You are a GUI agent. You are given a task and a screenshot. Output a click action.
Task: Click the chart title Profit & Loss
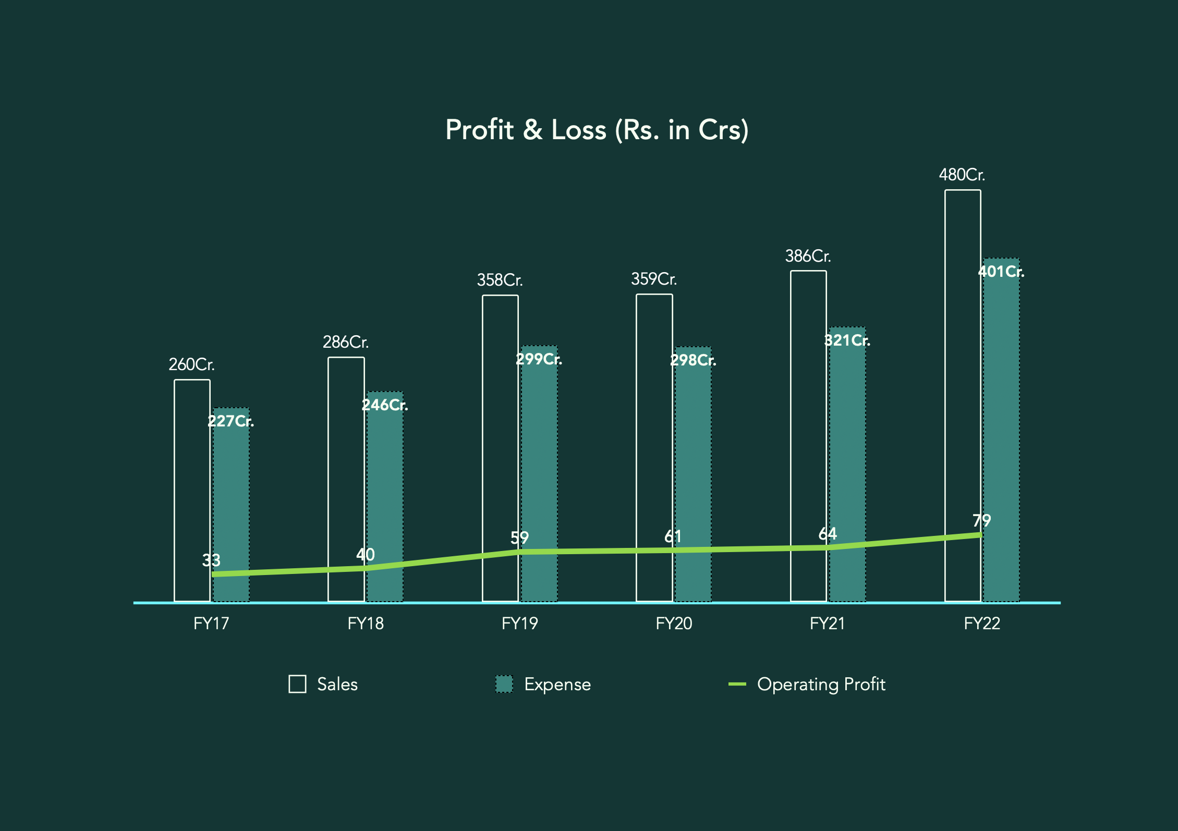pyautogui.click(x=597, y=130)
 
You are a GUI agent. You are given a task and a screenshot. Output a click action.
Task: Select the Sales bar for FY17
pyautogui.click(x=192, y=490)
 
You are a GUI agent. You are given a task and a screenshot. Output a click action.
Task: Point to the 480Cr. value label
pyautogui.click(x=962, y=175)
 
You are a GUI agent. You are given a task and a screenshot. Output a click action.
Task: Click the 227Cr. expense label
pyautogui.click(x=230, y=421)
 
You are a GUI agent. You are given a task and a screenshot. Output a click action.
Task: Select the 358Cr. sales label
pyautogui.click(x=500, y=280)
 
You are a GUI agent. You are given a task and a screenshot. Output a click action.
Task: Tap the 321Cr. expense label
pyautogui.click(x=847, y=341)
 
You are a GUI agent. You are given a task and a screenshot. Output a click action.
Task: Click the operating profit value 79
pyautogui.click(x=981, y=520)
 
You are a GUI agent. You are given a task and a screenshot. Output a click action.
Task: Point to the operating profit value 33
pyautogui.click(x=211, y=560)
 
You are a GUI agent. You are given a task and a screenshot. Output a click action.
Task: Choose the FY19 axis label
pyautogui.click(x=519, y=624)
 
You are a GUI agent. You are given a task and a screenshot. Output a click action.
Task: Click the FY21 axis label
pyautogui.click(x=827, y=624)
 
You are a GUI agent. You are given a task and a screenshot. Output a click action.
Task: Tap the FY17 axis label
pyautogui.click(x=211, y=624)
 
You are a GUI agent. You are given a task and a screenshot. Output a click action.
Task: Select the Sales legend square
pyautogui.click(x=297, y=684)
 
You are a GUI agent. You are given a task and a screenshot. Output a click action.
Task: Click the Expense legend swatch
pyautogui.click(x=504, y=684)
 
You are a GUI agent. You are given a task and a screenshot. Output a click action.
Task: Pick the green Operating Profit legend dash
pyautogui.click(x=737, y=684)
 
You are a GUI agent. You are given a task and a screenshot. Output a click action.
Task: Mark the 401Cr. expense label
pyautogui.click(x=1001, y=272)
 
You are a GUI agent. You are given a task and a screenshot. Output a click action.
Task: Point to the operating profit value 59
pyautogui.click(x=519, y=537)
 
